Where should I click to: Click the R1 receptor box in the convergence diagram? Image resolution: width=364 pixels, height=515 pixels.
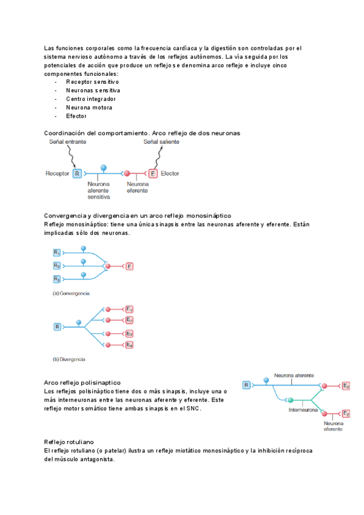(56, 252)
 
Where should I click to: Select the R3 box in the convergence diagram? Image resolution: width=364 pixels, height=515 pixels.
(56, 279)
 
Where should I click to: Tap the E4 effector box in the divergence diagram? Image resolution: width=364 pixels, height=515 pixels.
(129, 345)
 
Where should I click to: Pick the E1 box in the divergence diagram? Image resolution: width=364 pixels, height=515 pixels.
(129, 309)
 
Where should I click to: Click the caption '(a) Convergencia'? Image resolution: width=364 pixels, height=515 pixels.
(71, 293)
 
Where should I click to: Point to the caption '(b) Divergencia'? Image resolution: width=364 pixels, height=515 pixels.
(69, 359)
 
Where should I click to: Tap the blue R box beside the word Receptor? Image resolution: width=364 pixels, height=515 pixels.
(77, 174)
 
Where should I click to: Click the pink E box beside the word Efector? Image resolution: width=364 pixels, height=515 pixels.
(153, 174)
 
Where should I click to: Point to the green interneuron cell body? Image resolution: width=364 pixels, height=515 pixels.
(290, 400)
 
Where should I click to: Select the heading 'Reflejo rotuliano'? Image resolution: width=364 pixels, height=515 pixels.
(69, 442)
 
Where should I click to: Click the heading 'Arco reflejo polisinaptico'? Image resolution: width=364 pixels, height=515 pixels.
(83, 383)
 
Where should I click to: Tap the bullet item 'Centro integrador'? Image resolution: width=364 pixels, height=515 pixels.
(91, 98)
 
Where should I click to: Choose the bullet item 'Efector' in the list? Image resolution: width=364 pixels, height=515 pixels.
(76, 115)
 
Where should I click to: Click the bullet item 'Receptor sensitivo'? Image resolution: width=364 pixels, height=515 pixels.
(92, 81)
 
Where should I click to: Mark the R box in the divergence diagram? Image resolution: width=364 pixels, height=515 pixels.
(58, 327)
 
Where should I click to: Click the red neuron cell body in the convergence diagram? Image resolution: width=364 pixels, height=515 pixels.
(107, 266)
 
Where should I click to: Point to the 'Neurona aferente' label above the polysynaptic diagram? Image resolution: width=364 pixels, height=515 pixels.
(294, 376)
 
